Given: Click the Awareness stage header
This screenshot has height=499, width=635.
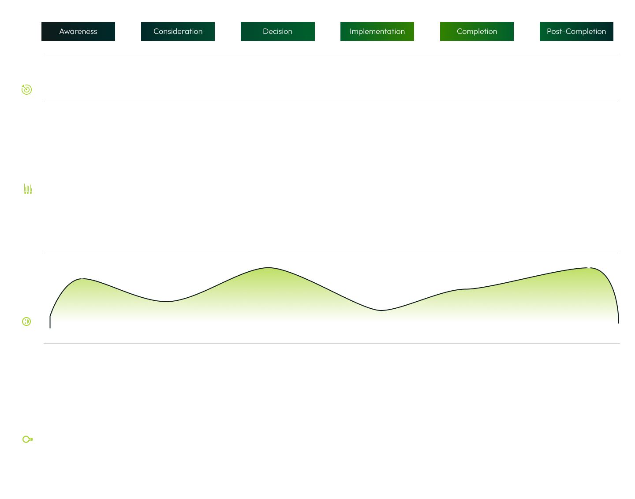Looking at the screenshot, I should click(78, 31).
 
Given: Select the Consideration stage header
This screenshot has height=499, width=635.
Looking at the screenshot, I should click(178, 31).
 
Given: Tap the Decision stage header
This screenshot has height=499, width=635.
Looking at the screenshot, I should click(277, 31).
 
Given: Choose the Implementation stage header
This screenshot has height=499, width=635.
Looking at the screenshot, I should click(377, 31).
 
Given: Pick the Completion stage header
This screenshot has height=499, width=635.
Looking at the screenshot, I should click(477, 31).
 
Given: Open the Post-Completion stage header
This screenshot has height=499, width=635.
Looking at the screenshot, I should click(576, 31).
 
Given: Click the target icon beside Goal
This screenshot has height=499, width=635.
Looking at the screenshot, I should click(26, 89).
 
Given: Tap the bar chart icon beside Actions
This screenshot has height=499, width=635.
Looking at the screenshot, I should click(27, 189).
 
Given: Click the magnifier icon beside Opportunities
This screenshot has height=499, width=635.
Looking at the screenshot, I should click(27, 439).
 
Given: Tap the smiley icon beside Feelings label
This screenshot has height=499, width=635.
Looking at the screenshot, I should click(26, 322).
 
